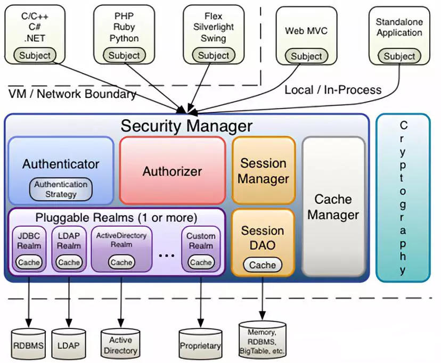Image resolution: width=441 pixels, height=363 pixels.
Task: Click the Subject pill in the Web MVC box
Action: pos(306,56)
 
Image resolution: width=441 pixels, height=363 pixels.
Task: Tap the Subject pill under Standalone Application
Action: pos(399,56)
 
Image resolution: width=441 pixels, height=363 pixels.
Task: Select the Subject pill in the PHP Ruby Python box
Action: pos(124,55)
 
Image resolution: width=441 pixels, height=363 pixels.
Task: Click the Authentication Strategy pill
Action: pos(61,189)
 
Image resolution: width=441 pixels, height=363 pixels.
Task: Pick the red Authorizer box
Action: pos(173,170)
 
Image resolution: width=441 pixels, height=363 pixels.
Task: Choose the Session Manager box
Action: pos(263,170)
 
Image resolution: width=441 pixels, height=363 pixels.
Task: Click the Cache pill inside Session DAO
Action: pos(263,265)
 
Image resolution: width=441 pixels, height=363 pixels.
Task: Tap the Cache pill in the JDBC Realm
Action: pos(29,262)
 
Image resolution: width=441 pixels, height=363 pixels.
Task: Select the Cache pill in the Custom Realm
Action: pos(201,262)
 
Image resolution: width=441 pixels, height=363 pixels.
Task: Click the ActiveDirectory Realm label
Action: pos(121,240)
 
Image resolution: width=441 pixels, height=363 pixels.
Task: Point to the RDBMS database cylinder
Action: pos(28,344)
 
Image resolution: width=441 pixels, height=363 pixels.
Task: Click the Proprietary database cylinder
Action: pos(200,344)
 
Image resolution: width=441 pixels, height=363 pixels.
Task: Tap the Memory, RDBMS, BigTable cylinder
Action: pos(262,340)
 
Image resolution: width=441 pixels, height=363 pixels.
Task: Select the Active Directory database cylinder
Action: pos(120,344)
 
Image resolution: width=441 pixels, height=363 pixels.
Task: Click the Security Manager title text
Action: pos(186,126)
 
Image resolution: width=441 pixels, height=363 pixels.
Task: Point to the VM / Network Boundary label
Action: pos(72,94)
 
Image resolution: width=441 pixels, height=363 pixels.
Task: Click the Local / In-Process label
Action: pos(333,90)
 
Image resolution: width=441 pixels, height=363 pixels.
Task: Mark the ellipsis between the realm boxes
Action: pos(167,255)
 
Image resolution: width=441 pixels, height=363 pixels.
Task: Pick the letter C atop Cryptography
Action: pos(404,125)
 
